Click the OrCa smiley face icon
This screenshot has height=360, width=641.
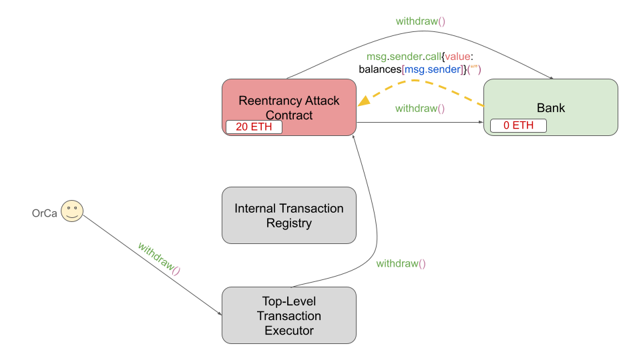(72, 212)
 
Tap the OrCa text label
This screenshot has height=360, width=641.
(45, 213)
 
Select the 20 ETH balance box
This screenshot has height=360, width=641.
(254, 127)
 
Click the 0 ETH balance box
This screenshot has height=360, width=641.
(518, 125)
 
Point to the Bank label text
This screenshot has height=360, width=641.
(551, 107)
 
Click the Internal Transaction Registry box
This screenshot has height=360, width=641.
(288, 215)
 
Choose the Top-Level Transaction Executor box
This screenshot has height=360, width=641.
(288, 315)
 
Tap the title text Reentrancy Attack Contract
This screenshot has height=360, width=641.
(289, 107)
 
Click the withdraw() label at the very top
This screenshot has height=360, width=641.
(420, 21)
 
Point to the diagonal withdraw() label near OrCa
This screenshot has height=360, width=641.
(159, 259)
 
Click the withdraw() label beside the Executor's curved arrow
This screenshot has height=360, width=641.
(401, 263)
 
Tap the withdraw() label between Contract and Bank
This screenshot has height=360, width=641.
(420, 109)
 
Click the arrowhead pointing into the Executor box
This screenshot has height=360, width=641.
(220, 313)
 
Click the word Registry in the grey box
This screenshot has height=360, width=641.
(288, 223)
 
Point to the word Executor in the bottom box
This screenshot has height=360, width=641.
(288, 330)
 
